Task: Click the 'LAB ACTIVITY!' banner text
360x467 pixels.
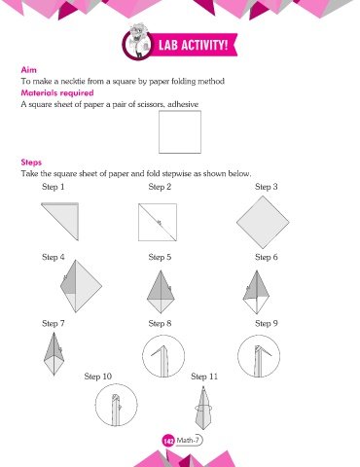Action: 193,45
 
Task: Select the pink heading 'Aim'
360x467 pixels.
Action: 29,70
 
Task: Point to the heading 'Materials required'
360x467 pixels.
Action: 57,93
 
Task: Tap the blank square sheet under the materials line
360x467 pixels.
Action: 180,131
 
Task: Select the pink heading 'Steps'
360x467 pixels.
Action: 31,162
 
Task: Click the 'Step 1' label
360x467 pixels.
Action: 54,187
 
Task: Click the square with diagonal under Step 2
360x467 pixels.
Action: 158,223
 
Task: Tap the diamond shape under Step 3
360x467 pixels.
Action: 263,223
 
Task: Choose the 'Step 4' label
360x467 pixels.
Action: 54,257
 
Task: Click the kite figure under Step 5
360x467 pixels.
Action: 161,292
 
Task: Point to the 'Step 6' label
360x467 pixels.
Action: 267,257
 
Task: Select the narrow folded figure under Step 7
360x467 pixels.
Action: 54,354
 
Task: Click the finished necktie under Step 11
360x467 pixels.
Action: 203,408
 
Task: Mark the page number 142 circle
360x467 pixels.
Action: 168,441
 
